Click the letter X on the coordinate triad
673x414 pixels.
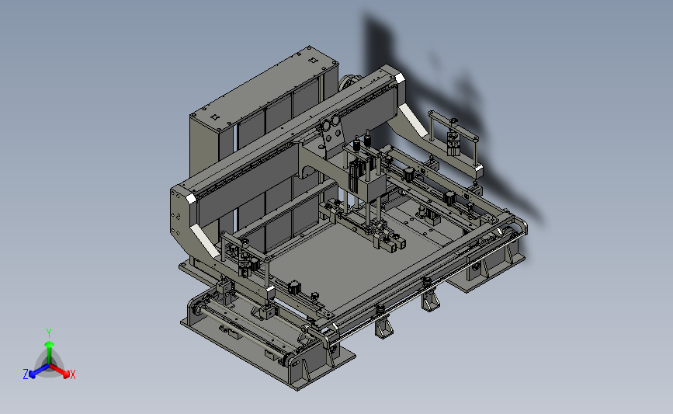point(72,374)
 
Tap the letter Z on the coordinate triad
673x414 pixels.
point(26,374)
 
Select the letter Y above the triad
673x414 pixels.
point(48,333)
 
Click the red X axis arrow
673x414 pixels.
point(60,371)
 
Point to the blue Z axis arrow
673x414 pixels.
point(39,371)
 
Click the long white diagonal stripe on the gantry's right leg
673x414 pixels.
point(412,120)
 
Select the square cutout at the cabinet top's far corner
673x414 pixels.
point(314,61)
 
